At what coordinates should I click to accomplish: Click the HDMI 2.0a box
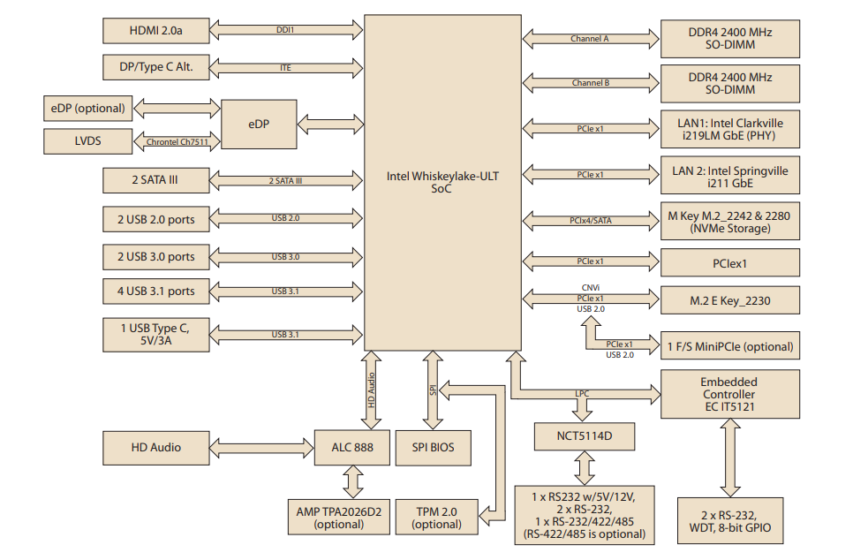click(x=155, y=30)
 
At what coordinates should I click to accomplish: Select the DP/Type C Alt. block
click(x=155, y=67)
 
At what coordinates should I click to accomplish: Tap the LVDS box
click(x=87, y=140)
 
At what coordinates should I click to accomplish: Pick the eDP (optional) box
click(x=87, y=109)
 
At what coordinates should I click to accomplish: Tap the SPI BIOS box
click(x=433, y=447)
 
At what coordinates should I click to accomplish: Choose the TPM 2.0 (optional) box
click(x=436, y=517)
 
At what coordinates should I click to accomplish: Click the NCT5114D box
click(x=584, y=436)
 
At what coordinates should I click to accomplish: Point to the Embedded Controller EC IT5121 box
click(x=728, y=394)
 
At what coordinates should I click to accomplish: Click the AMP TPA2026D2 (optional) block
click(x=338, y=517)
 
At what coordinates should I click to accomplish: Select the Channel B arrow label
click(x=590, y=83)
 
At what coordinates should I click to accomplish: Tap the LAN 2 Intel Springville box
click(x=730, y=177)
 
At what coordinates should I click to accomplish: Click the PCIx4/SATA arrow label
click(x=590, y=220)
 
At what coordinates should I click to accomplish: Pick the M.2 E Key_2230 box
click(x=730, y=301)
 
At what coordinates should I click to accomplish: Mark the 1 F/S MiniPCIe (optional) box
click(x=730, y=346)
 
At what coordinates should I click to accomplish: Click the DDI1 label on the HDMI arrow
click(x=285, y=30)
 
